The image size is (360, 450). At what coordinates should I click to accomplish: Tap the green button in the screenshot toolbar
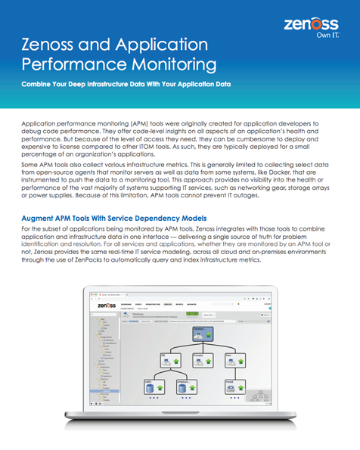tap(192, 314)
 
